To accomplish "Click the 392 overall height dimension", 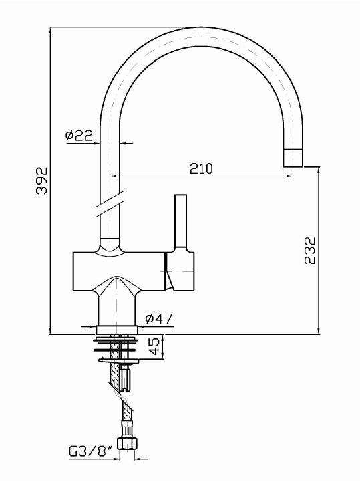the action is point(42,180).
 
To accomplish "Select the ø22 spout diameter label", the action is point(79,135).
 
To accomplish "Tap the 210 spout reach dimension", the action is point(201,168).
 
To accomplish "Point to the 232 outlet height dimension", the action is point(309,251).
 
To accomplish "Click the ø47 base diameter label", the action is point(159,318).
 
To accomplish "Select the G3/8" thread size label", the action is point(90,452).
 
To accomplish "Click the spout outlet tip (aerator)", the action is point(293,158).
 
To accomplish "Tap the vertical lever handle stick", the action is point(181,221).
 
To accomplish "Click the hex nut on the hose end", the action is point(127,443).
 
